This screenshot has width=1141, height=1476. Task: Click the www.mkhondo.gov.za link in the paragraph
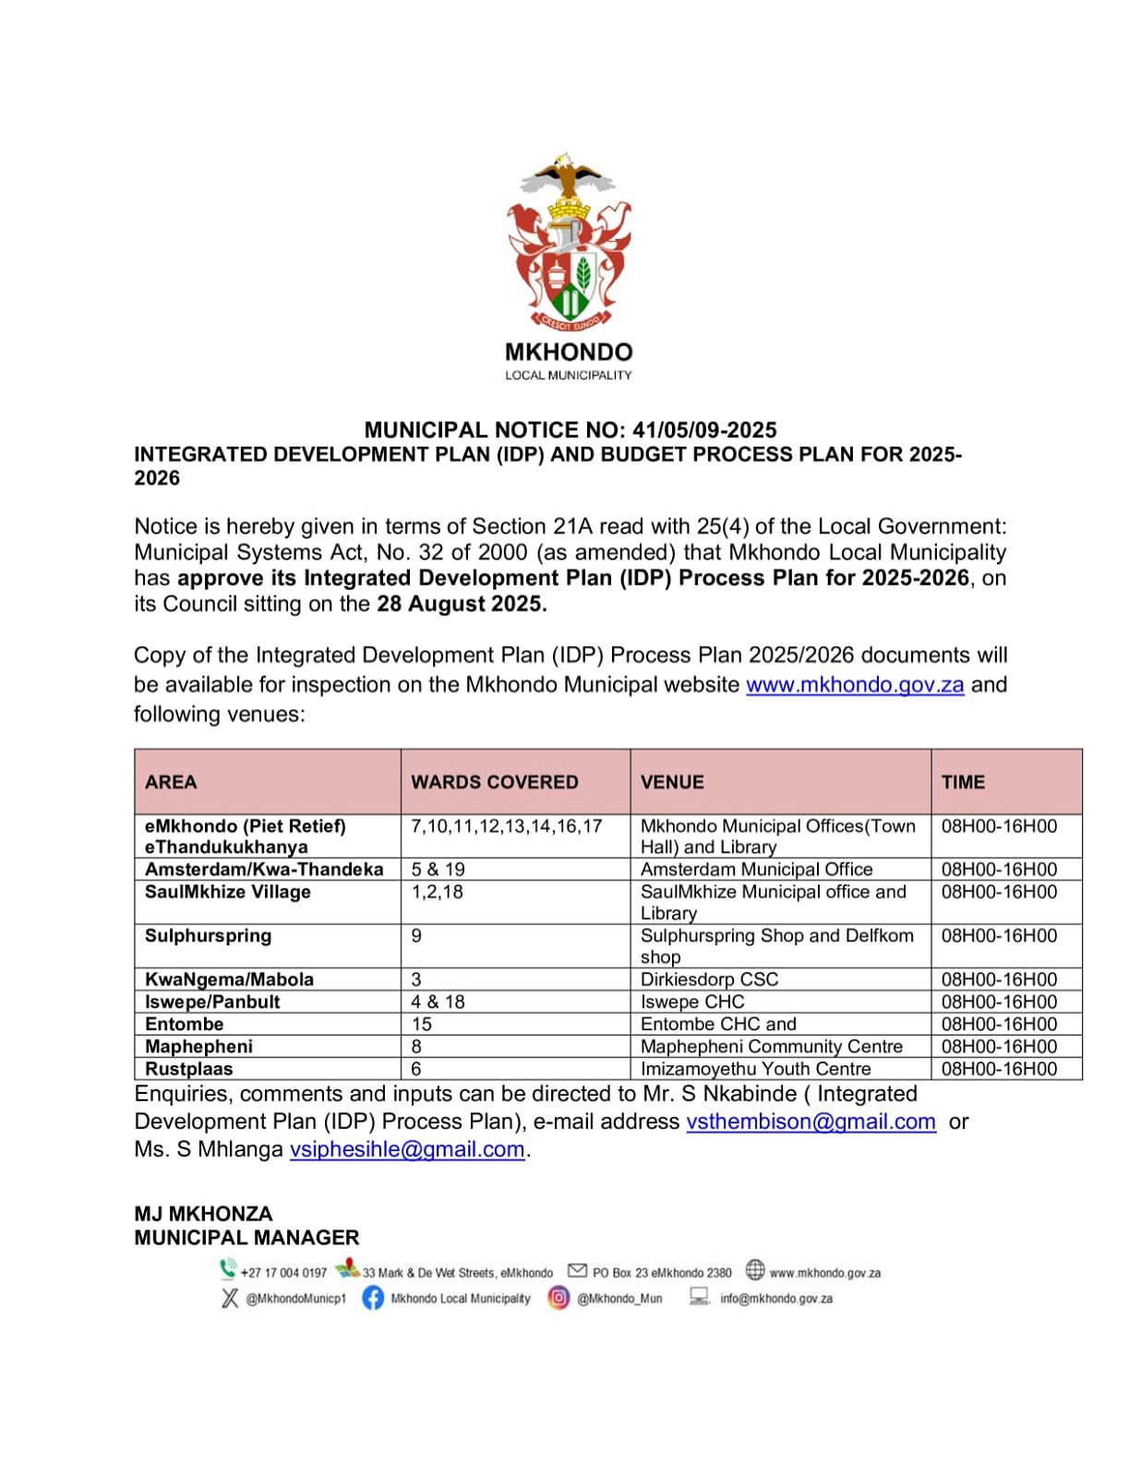855,685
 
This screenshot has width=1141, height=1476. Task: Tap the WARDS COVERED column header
495,782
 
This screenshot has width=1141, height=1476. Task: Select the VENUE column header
672,782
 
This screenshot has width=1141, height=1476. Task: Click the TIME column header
963,782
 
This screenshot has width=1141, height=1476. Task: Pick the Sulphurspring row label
208,936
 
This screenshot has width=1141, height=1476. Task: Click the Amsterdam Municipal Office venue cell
756,870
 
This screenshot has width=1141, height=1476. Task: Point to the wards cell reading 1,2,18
437,892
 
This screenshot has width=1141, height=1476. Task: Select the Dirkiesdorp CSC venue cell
709,979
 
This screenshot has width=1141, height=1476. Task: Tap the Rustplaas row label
188,1069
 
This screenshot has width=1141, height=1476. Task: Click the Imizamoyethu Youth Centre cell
755,1069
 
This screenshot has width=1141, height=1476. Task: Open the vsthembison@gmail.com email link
811,1122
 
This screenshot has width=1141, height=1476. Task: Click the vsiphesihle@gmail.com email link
407,1149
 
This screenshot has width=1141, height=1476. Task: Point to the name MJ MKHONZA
203,1214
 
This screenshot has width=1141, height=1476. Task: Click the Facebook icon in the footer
373,1298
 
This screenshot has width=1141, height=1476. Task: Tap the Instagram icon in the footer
558,1298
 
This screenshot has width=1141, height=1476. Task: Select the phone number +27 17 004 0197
283,1273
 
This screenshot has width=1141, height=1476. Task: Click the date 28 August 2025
461,605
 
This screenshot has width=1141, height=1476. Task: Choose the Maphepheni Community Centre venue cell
771,1047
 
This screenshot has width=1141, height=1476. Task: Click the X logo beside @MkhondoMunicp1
230,1298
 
